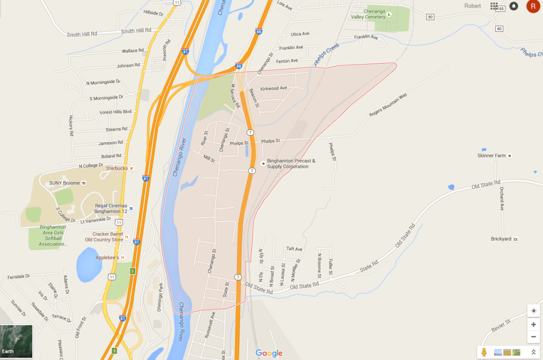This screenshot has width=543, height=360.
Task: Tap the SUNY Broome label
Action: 64,183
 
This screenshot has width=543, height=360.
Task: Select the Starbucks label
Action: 117,168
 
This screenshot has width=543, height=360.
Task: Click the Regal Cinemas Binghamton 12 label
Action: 112,208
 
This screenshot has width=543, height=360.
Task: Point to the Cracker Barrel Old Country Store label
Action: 108,236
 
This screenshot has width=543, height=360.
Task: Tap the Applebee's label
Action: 108,258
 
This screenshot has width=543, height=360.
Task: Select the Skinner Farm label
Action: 491,156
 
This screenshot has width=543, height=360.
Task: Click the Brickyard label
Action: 501,239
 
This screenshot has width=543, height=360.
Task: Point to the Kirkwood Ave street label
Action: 274,88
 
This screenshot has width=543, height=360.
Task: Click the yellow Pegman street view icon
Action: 484,352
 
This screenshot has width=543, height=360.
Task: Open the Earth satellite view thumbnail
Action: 16,341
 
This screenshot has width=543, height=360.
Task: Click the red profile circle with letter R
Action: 532,6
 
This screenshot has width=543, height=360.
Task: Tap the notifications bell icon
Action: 513,6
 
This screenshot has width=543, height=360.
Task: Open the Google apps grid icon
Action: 494,6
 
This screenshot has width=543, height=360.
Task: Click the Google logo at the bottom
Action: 269,353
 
